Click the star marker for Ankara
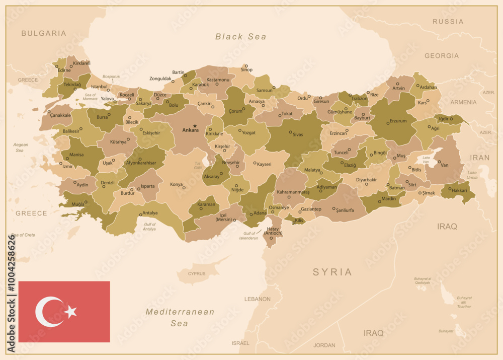(x=195, y=125)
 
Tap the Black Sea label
(x=240, y=36)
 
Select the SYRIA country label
(x=332, y=272)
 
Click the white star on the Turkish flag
(x=71, y=312)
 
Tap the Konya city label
(x=176, y=184)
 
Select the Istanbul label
(x=99, y=87)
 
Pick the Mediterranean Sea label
(x=180, y=317)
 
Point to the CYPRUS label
(x=196, y=274)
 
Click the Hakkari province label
(x=459, y=191)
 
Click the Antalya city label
(x=150, y=212)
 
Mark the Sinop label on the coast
(x=246, y=70)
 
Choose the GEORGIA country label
(x=441, y=56)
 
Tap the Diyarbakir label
(x=366, y=179)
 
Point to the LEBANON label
(x=257, y=299)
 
